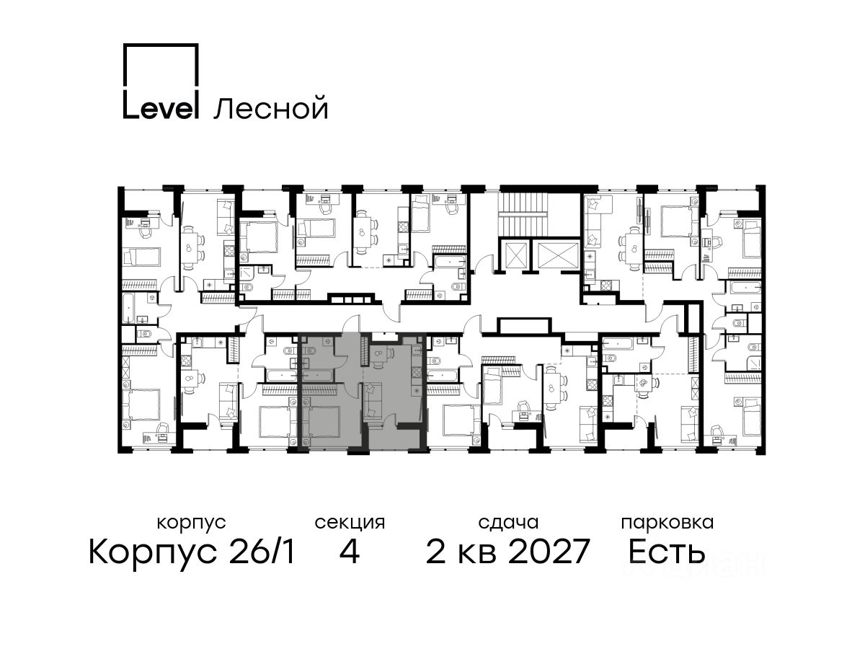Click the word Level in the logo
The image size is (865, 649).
tap(159, 105)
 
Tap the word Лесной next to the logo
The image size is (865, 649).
tap(270, 107)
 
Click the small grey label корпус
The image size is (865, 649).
tap(191, 524)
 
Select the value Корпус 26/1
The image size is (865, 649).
tap(192, 552)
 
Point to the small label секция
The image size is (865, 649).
tap(350, 524)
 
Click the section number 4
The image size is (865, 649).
tap(350, 551)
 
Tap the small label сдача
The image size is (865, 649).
tap(508, 524)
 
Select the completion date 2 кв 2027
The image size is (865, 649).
tap(508, 551)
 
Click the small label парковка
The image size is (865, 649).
tap(667, 524)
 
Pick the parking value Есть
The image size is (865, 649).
tap(666, 551)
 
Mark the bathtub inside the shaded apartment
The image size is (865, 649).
tap(319, 375)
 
